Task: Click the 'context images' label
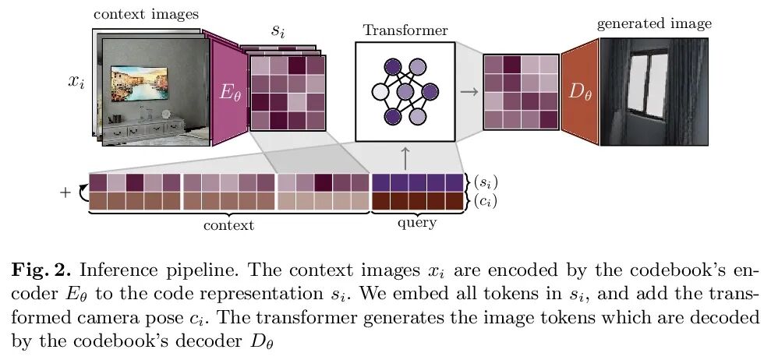145,14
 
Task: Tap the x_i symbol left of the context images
76,82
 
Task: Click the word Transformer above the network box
405,31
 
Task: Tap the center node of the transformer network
405,93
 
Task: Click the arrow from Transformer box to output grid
469,91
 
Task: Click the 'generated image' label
654,24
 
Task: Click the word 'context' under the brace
228,226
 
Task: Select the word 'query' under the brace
417,224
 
